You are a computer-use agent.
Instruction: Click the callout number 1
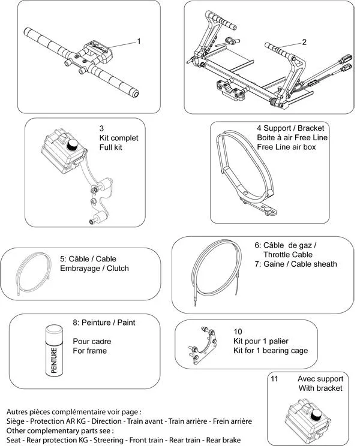coord(139,41)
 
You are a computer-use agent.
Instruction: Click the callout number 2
coord(304,42)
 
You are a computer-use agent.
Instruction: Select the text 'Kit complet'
coord(119,138)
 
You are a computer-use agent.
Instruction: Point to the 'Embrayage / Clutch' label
coord(94,268)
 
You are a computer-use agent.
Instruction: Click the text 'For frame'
coord(89,351)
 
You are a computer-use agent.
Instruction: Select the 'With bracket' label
coord(320,388)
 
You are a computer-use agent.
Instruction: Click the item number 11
coord(275,379)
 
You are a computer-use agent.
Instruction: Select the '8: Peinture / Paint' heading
coord(103,323)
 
